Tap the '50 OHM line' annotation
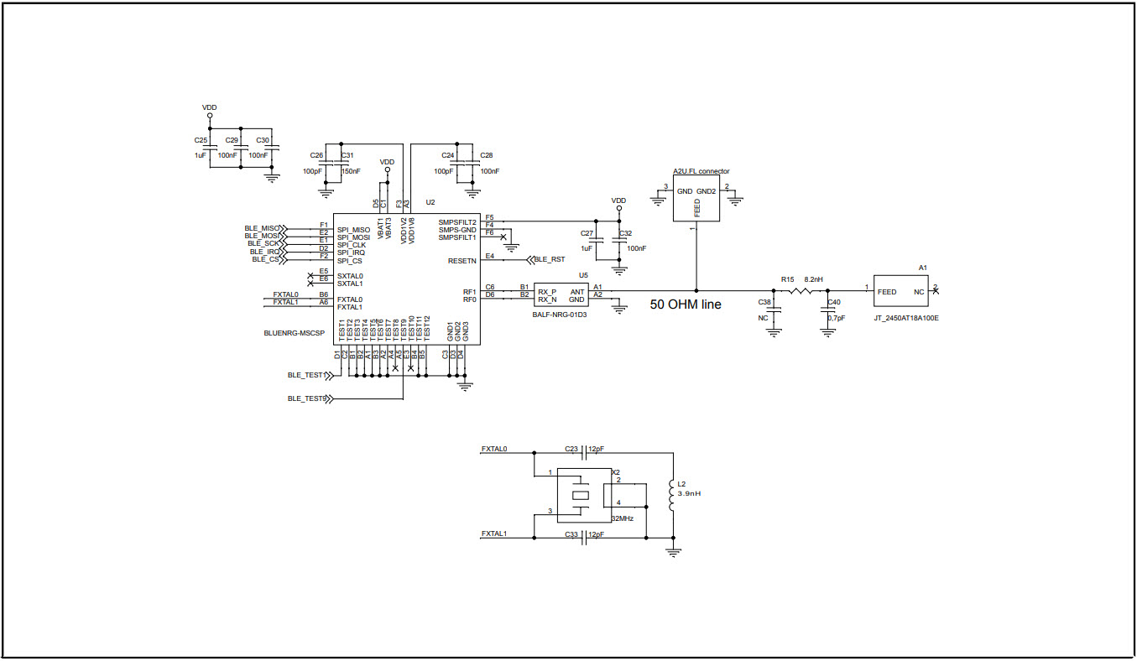685,304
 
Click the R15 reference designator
787,279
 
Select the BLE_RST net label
550,260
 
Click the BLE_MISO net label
263,228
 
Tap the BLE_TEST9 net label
306,398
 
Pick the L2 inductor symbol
670,497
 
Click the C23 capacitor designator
571,449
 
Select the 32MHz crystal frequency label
622,518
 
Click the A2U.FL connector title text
701,171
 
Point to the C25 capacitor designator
201,140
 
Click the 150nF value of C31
352,171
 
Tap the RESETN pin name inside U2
462,261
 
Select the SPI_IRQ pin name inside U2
351,252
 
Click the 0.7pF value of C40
836,318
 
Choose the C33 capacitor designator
571,533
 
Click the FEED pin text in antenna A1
886,292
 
